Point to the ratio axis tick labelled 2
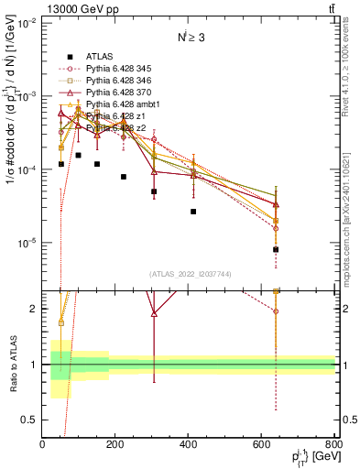click(x=35, y=309)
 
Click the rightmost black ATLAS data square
click(x=276, y=249)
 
